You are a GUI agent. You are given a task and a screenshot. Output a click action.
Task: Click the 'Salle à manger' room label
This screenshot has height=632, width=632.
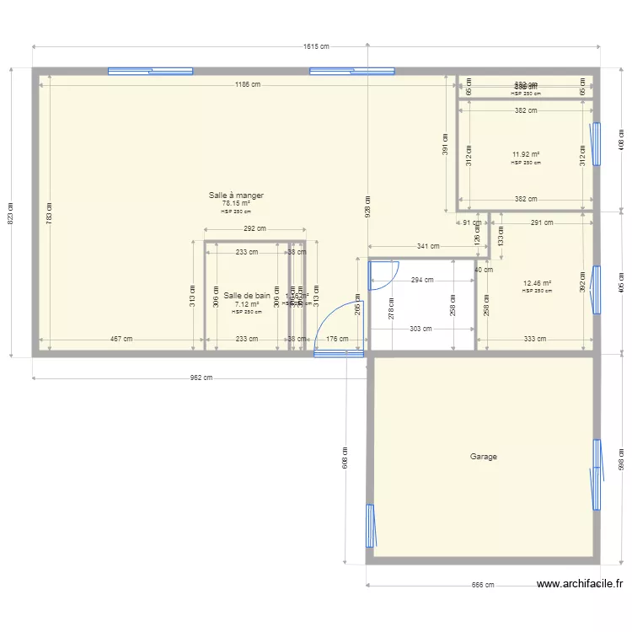236,195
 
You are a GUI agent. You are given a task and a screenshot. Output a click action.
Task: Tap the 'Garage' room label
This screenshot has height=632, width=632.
484,457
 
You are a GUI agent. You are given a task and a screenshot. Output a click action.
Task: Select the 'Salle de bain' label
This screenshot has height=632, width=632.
247,296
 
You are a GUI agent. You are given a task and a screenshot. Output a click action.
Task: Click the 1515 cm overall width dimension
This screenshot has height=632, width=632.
316,46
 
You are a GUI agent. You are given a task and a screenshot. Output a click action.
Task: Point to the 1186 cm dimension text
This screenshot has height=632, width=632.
248,84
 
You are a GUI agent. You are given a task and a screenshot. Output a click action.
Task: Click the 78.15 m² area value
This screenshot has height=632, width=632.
236,203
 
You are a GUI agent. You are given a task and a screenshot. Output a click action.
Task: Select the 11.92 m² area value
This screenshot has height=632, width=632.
526,154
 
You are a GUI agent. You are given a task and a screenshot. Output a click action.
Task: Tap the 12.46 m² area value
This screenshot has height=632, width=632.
537,283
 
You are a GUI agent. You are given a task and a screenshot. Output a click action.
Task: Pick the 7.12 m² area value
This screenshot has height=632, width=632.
247,304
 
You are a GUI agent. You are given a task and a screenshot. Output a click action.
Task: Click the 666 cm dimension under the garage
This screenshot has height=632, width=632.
482,585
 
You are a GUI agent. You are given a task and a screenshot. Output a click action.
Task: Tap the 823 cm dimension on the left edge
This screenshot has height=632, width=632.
11,212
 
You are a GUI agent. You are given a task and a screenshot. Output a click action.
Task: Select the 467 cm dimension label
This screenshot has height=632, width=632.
121,339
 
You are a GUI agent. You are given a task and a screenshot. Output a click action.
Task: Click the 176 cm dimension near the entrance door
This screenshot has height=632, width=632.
337,339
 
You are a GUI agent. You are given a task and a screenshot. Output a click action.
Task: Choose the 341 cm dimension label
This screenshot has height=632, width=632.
428,247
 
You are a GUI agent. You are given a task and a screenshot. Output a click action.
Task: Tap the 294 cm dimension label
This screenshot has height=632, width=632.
422,280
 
